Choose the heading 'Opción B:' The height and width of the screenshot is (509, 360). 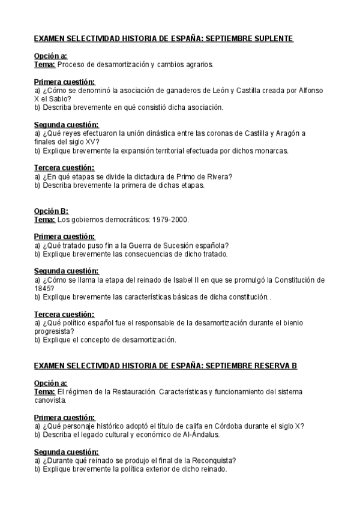(51, 211)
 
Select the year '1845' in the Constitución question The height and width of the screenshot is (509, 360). (44, 289)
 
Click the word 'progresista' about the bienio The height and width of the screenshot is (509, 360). (52, 331)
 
